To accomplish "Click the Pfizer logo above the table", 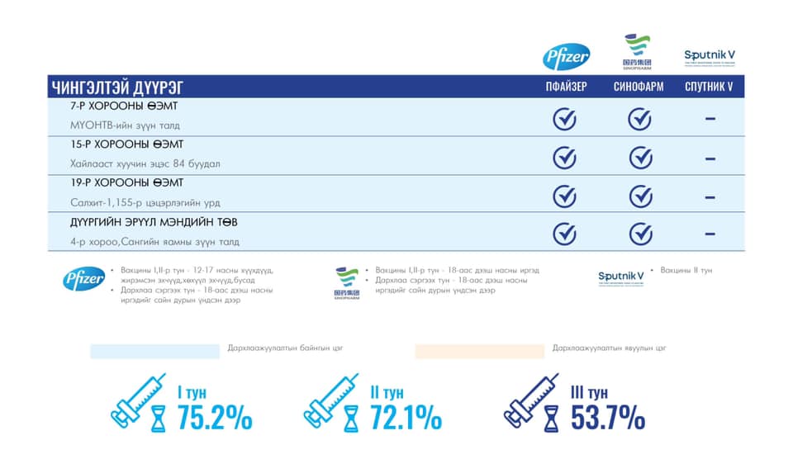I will pos(566,57).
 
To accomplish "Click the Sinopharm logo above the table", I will pos(637,51).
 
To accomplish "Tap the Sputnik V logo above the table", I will pos(710,56).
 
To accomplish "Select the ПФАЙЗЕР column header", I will pos(566,87).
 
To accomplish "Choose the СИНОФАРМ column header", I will pos(639,87).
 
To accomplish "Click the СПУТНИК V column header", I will pos(710,87).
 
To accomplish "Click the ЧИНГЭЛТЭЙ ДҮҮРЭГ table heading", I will pos(117,87).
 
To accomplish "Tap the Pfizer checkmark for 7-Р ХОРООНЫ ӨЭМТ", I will pos(564,119).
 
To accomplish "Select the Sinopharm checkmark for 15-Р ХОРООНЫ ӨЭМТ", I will pos(640,157).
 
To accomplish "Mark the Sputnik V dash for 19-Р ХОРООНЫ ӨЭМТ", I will pos(710,197).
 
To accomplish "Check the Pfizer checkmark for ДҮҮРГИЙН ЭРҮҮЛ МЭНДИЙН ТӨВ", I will pos(564,234).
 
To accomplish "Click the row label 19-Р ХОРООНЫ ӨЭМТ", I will pos(128,183).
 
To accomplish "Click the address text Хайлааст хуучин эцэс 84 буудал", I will pos(145,163).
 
